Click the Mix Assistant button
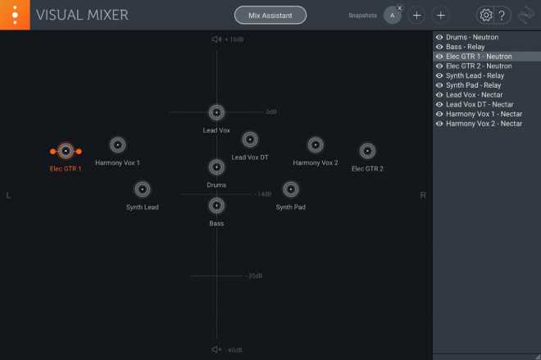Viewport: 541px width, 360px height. click(x=270, y=16)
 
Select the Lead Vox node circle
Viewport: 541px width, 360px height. click(x=216, y=112)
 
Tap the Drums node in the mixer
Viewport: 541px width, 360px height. click(x=216, y=167)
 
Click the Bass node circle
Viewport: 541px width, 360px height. click(x=216, y=206)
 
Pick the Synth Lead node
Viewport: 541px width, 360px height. click(x=142, y=189)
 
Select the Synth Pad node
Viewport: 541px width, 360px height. click(x=291, y=189)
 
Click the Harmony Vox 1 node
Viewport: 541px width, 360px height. click(x=118, y=145)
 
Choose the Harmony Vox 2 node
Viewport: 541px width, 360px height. click(x=316, y=145)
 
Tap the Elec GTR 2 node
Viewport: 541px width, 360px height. click(x=367, y=151)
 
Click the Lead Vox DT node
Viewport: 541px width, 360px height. click(x=250, y=139)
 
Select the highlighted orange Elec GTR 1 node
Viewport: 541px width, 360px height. click(x=66, y=151)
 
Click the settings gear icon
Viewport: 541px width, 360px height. click(x=486, y=16)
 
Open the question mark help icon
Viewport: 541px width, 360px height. click(x=502, y=16)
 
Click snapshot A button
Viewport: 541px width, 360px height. click(x=393, y=16)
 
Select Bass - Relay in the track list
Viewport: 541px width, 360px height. click(x=465, y=47)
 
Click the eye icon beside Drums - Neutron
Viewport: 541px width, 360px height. click(x=439, y=37)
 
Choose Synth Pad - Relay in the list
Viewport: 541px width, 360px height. click(x=474, y=85)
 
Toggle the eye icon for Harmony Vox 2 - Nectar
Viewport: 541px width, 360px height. click(x=439, y=124)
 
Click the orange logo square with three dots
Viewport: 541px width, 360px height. click(x=15, y=15)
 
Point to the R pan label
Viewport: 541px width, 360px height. click(x=423, y=196)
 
